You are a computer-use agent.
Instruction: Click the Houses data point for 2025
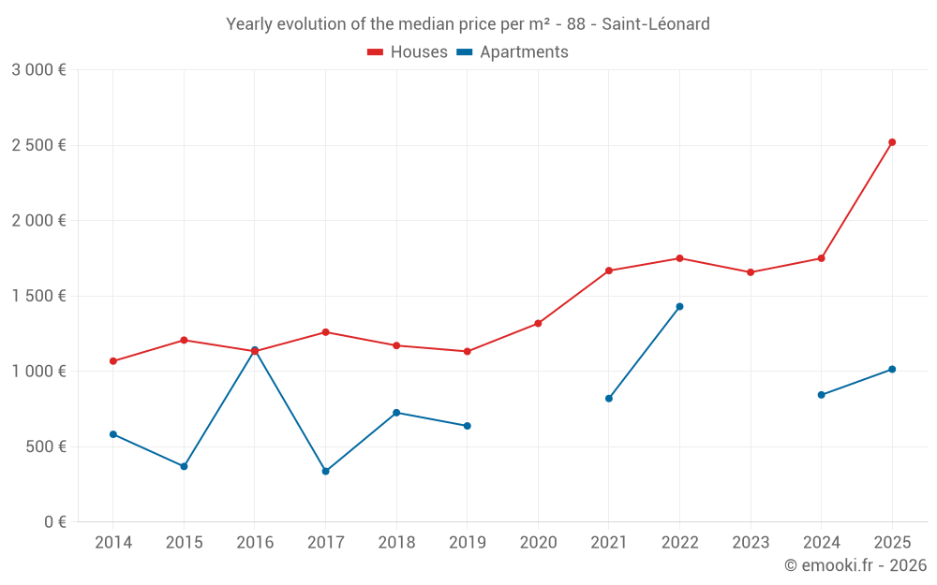pyautogui.click(x=892, y=142)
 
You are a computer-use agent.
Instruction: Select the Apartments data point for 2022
pyautogui.click(x=679, y=306)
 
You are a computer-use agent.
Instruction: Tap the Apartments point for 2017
pyautogui.click(x=325, y=471)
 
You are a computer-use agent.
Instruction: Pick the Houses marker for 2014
pyautogui.click(x=113, y=361)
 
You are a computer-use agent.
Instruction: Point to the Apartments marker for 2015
pyautogui.click(x=184, y=466)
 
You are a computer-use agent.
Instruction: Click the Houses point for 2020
pyautogui.click(x=538, y=323)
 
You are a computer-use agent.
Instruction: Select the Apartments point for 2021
pyautogui.click(x=609, y=399)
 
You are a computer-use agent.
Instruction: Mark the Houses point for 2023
pyautogui.click(x=751, y=272)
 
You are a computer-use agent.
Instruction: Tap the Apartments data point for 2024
pyautogui.click(x=822, y=395)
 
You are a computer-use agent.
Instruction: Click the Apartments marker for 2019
pyautogui.click(x=468, y=426)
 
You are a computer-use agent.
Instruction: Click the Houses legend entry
pyautogui.click(x=408, y=52)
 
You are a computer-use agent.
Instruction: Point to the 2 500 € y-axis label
pyautogui.click(x=38, y=145)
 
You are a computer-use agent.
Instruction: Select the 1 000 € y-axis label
pyautogui.click(x=38, y=372)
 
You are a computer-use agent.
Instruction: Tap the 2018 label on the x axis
pyautogui.click(x=396, y=542)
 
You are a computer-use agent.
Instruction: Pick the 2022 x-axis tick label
pyautogui.click(x=679, y=542)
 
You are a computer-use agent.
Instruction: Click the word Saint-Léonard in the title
pyautogui.click(x=656, y=23)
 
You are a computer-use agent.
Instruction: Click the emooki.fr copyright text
pyautogui.click(x=855, y=565)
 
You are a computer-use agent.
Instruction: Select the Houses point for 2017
pyautogui.click(x=325, y=332)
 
